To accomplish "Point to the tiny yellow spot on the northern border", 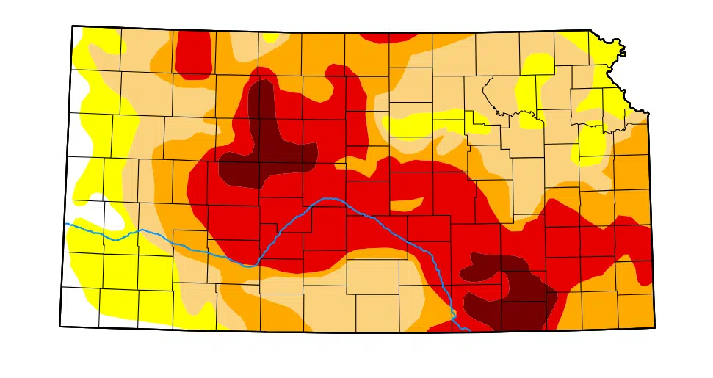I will tap(270, 37).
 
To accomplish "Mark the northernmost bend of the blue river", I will tap(327, 199).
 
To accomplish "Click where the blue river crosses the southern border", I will tap(468, 330).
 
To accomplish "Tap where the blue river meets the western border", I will tap(66, 224).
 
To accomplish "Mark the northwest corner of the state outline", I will tap(72, 26).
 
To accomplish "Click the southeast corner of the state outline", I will tap(654, 328).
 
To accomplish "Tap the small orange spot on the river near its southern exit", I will tap(455, 315).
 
